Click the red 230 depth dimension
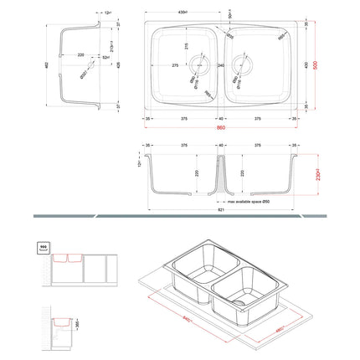pyautogui.click(x=318, y=177)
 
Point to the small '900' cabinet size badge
pyautogui.click(x=42, y=248)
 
